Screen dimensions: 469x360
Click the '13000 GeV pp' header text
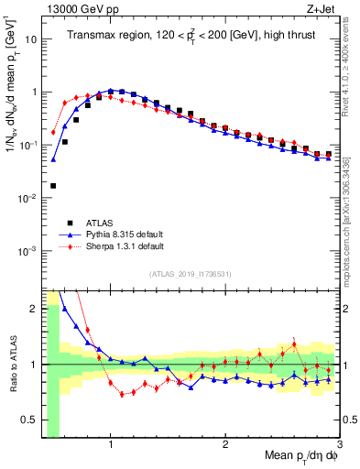point(75,8)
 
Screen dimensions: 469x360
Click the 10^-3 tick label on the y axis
point(27,251)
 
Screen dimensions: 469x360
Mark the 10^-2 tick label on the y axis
point(27,199)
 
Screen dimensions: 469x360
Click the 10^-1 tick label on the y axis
point(27,146)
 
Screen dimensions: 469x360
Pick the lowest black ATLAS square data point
point(53,186)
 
